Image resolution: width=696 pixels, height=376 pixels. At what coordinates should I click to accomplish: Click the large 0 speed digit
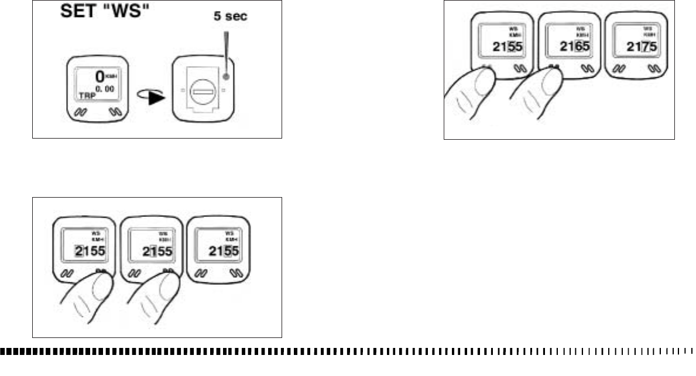[x=100, y=75]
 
